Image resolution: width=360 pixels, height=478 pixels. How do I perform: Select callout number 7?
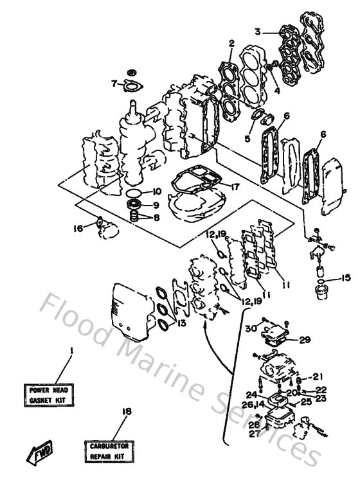113,83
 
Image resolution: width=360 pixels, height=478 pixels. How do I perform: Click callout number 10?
157,191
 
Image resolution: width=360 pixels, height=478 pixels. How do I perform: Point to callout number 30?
250,328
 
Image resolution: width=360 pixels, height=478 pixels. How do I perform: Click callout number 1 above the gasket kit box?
71,351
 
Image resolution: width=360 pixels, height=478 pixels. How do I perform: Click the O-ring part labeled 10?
134,192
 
